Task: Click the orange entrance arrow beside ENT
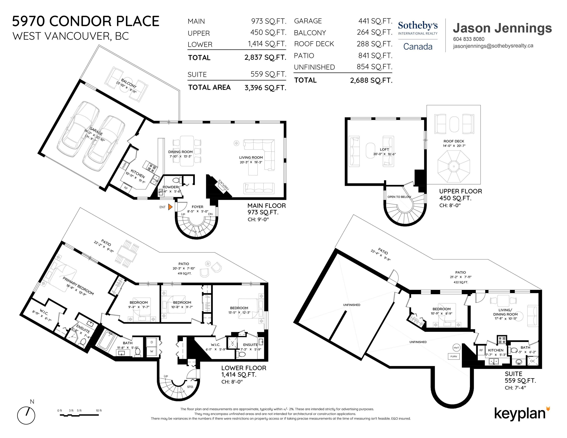[x=170, y=207]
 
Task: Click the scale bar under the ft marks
[x=79, y=415]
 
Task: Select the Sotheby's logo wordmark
[x=418, y=25]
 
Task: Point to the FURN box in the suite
[x=454, y=356]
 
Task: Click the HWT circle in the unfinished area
[x=456, y=348]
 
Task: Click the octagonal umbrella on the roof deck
[x=454, y=166]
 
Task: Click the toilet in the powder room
[x=177, y=180]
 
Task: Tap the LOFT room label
[x=384, y=149]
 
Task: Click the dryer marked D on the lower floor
[x=152, y=342]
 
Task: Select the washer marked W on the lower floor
[x=152, y=351]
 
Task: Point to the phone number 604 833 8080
[x=469, y=39]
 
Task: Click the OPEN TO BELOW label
[x=399, y=197]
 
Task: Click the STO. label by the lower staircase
[x=190, y=387]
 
